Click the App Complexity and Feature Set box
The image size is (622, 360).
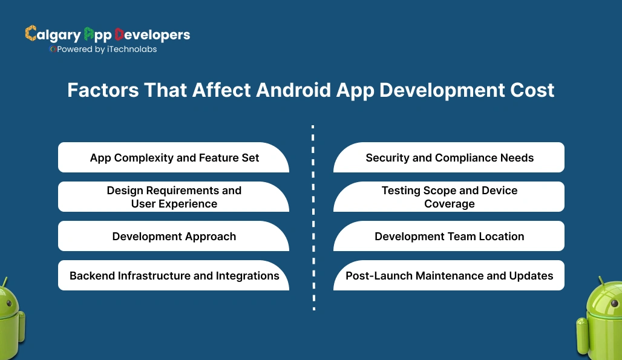click(x=174, y=158)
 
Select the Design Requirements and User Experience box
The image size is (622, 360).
click(x=174, y=197)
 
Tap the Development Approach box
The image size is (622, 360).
click(x=174, y=237)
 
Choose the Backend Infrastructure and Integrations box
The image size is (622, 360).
click(x=174, y=276)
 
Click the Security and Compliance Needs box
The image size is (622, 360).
click(x=449, y=158)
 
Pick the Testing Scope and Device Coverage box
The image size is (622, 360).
click(x=449, y=197)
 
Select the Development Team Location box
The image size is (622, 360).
click(x=449, y=237)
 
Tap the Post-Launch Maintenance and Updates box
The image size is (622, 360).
click(x=449, y=276)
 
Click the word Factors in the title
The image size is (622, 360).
click(x=101, y=90)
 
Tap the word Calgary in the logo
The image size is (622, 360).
click(x=51, y=34)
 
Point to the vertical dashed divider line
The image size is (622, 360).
click(x=313, y=218)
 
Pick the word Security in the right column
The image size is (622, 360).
click(x=387, y=158)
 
